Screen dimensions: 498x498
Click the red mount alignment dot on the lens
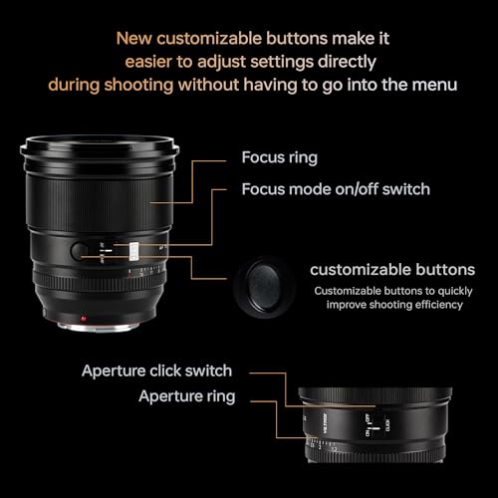[84, 320]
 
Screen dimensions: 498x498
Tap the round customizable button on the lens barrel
[80, 249]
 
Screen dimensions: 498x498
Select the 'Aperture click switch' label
[156, 371]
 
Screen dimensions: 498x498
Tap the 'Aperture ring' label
[186, 396]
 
